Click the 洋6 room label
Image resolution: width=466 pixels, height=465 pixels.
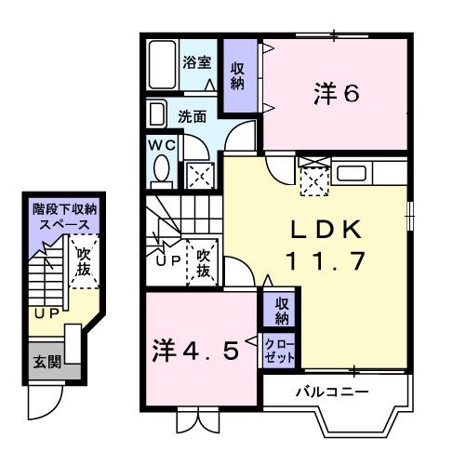pyautogui.click(x=336, y=96)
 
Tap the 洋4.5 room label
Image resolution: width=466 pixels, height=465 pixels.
pyautogui.click(x=197, y=351)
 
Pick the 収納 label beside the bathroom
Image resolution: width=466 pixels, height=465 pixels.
pyautogui.click(x=239, y=74)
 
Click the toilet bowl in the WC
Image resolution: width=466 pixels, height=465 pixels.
pyautogui.click(x=160, y=171)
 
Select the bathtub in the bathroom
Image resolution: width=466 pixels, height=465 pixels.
pyautogui.click(x=164, y=65)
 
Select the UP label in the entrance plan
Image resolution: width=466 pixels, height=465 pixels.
pyautogui.click(x=45, y=314)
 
